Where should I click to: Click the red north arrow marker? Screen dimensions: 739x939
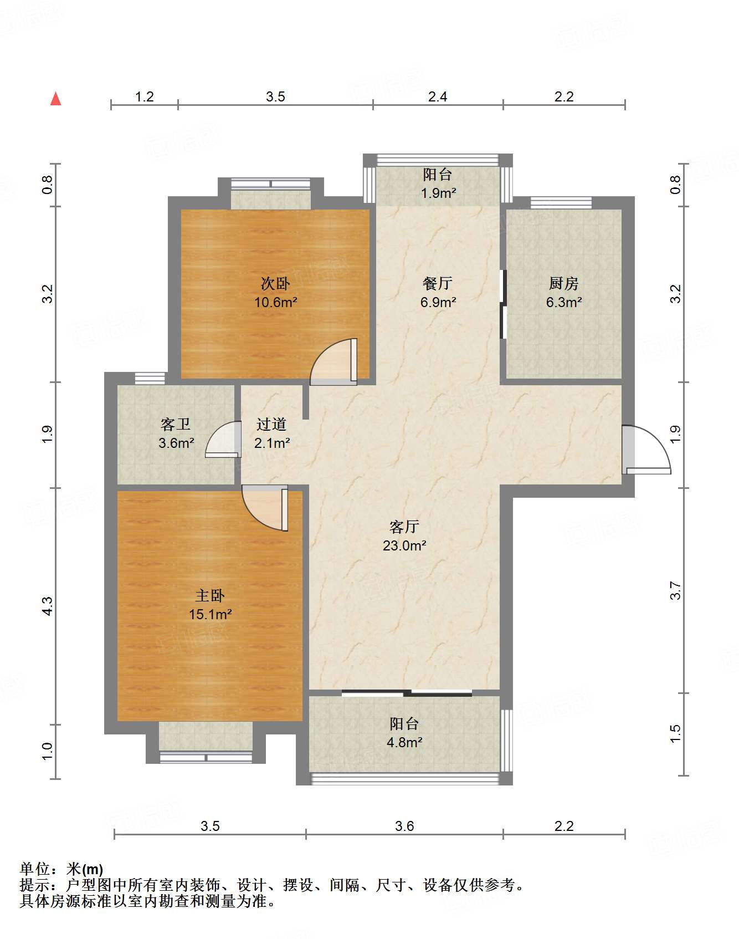click(x=55, y=99)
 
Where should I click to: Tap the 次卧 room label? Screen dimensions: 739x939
click(x=275, y=284)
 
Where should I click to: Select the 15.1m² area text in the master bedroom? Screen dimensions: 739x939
click(x=210, y=614)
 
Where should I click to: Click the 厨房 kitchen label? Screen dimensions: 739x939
click(x=564, y=284)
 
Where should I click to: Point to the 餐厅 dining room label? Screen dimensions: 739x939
click(x=438, y=284)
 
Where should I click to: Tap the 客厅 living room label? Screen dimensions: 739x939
click(x=404, y=527)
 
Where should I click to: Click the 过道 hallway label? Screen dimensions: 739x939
click(x=271, y=425)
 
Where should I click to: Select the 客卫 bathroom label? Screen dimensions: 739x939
click(x=176, y=425)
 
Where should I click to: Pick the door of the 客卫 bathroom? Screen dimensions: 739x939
click(x=223, y=439)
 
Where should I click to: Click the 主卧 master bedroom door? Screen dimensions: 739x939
click(x=265, y=508)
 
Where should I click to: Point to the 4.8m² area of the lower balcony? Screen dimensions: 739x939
click(x=404, y=742)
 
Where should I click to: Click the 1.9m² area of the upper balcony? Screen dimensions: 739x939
click(x=438, y=193)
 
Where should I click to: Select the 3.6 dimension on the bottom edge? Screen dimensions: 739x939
click(x=404, y=826)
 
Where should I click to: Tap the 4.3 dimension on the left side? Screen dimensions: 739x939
click(x=48, y=606)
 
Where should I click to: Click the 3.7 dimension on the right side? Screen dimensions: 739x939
click(x=675, y=590)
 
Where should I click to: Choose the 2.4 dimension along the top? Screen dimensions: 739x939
click(x=438, y=96)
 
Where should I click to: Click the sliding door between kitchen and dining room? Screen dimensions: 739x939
click(x=504, y=304)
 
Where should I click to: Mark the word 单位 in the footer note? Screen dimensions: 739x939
click(x=35, y=869)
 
